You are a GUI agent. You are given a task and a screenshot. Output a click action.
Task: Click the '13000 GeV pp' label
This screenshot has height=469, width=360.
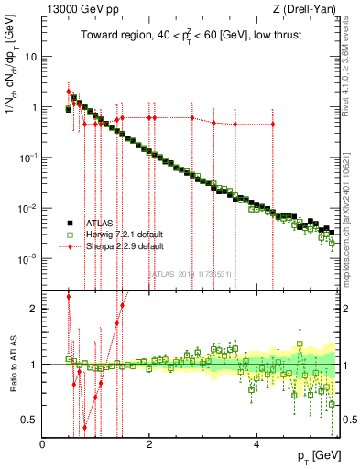pos(75,9)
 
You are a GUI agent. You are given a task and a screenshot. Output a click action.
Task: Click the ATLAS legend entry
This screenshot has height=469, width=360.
pos(100,222)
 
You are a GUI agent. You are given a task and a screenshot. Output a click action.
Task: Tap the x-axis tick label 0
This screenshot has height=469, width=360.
pos(42,444)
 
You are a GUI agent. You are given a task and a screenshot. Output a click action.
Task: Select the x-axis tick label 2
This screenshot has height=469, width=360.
pos(148,444)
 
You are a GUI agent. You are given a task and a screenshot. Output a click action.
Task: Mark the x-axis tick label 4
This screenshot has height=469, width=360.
pos(256,444)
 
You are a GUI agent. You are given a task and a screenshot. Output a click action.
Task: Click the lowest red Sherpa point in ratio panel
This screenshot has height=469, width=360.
pos(84,427)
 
